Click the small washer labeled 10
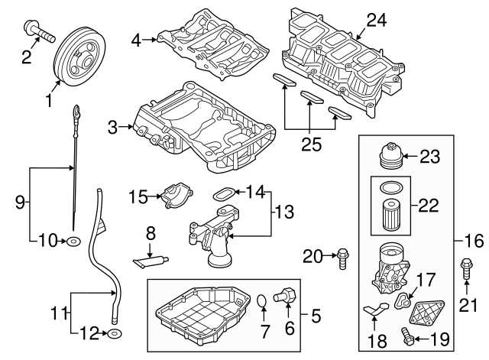pos(73,242)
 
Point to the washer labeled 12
pos(114,334)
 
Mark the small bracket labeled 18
pos(374,311)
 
